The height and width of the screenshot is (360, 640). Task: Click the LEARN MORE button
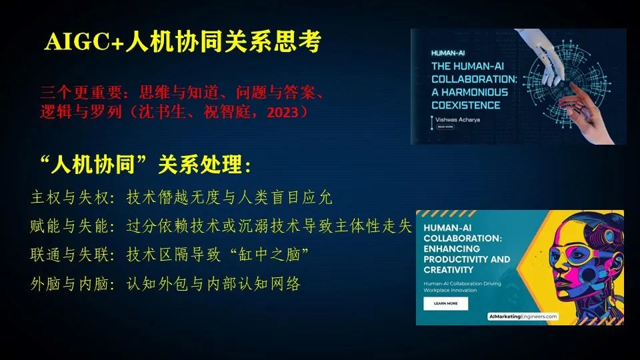pos(446,303)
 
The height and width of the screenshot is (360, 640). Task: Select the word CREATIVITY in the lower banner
pos(449,270)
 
